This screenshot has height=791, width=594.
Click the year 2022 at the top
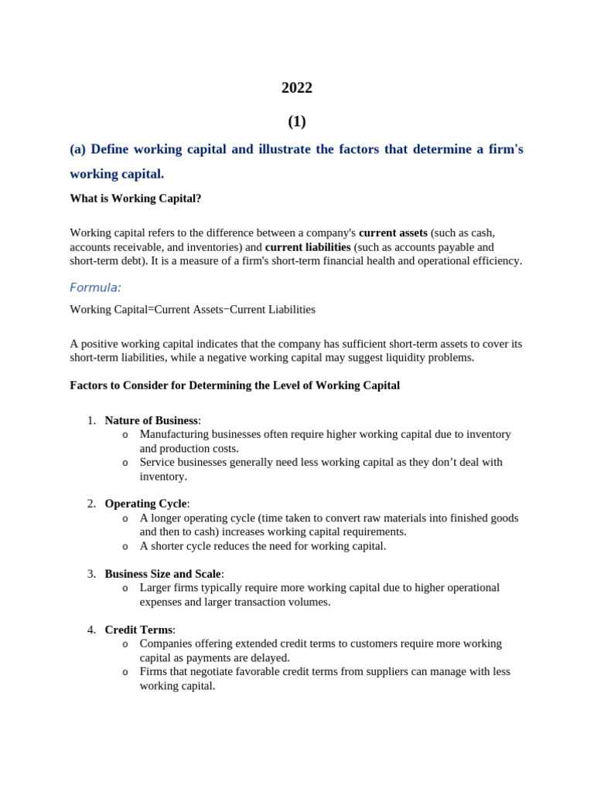297,88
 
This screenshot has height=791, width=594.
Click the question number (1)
297,121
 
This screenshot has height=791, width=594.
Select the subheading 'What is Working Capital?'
135,199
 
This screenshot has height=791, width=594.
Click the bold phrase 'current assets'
393,233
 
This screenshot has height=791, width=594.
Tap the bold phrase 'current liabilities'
308,247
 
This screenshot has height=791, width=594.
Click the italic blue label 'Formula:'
95,287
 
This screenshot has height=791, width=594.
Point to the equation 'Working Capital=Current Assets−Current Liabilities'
193,310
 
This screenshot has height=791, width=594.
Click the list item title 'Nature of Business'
152,420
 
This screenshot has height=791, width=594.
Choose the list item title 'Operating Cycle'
146,504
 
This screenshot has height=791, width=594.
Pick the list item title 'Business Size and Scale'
163,574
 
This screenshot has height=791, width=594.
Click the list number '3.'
91,574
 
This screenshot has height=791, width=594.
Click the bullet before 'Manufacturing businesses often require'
125,435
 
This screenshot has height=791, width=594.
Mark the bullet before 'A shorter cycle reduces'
125,547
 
